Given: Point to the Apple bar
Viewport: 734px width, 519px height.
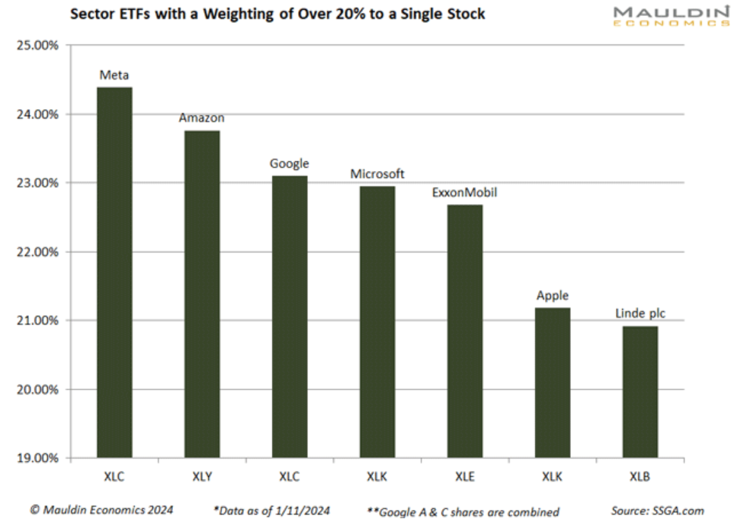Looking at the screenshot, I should pyautogui.click(x=552, y=382).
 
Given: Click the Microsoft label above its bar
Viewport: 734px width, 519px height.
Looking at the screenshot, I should pyautogui.click(x=377, y=174).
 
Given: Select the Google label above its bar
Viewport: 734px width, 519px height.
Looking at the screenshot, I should pyautogui.click(x=290, y=163).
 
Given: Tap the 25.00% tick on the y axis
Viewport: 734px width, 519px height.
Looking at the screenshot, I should pyautogui.click(x=37, y=46).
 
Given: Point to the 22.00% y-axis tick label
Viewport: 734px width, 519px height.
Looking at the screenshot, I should pyautogui.click(x=37, y=252).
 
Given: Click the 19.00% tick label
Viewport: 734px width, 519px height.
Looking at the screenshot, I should pyautogui.click(x=37, y=459).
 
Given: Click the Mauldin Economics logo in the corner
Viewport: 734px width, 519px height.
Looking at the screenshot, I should pyautogui.click(x=671, y=17).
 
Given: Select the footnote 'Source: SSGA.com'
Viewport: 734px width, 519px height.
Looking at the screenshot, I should pyautogui.click(x=657, y=511).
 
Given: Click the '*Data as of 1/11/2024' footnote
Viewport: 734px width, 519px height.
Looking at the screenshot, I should pyautogui.click(x=273, y=511).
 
